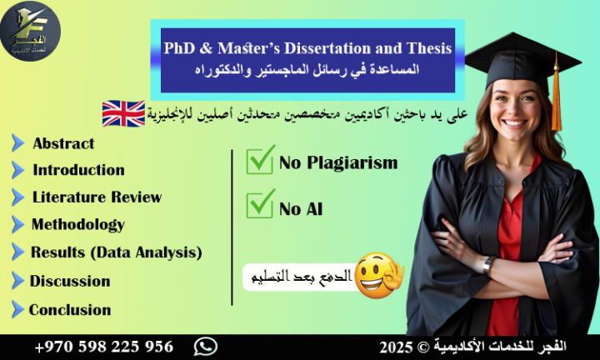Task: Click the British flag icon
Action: (123, 113)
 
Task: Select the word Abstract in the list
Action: (63, 143)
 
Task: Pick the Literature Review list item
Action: (97, 197)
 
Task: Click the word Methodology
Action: (77, 224)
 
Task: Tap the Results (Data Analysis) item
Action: (116, 252)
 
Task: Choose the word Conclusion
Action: (70, 310)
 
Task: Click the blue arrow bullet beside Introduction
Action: (17, 170)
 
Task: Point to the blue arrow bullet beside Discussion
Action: (17, 281)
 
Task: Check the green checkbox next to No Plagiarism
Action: (260, 160)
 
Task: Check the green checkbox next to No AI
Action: (260, 203)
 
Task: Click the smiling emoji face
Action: (377, 277)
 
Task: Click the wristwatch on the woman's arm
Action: (488, 265)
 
